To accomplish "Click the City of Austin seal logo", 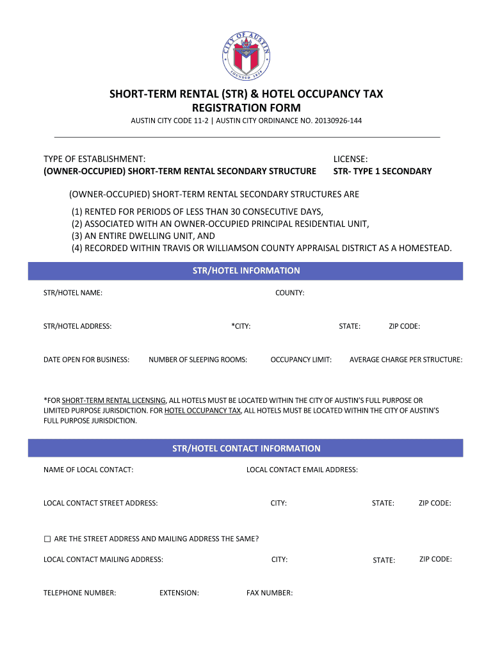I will [x=247, y=55].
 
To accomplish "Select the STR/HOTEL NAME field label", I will [x=73, y=293].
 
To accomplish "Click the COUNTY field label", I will [x=289, y=293].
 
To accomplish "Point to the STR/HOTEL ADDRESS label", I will [x=77, y=326].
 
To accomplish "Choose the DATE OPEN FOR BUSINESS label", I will [x=86, y=359].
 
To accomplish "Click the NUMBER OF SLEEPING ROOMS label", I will [x=198, y=359].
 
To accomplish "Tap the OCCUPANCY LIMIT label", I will [x=301, y=359].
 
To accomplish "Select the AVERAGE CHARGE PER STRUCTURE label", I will [x=406, y=359].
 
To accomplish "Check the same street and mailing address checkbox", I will [x=47, y=539].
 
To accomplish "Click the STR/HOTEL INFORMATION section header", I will [x=247, y=271].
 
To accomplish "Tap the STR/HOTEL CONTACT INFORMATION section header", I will [x=247, y=448].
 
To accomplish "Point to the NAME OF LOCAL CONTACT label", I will [x=88, y=470].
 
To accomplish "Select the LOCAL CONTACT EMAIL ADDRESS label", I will [x=302, y=470].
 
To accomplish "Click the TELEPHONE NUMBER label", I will [x=80, y=593].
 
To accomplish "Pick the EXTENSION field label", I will [x=179, y=593].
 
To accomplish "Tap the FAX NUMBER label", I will [x=270, y=593].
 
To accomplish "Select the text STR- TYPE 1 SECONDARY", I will [x=383, y=171].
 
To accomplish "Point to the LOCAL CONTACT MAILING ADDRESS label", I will [x=103, y=559].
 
